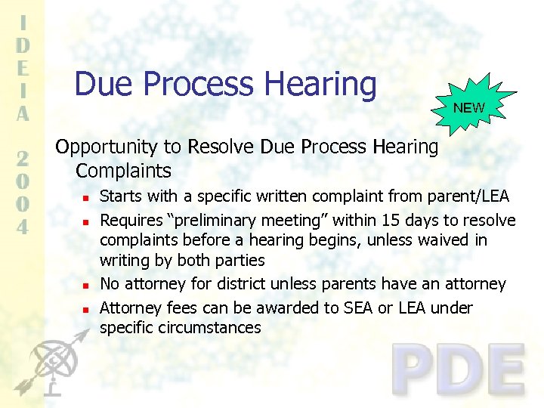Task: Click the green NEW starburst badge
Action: point(469,107)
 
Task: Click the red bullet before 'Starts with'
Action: point(86,198)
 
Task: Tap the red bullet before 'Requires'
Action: point(86,222)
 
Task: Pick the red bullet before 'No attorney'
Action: point(86,286)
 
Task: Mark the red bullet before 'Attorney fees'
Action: point(86,310)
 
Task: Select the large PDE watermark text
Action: point(458,370)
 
